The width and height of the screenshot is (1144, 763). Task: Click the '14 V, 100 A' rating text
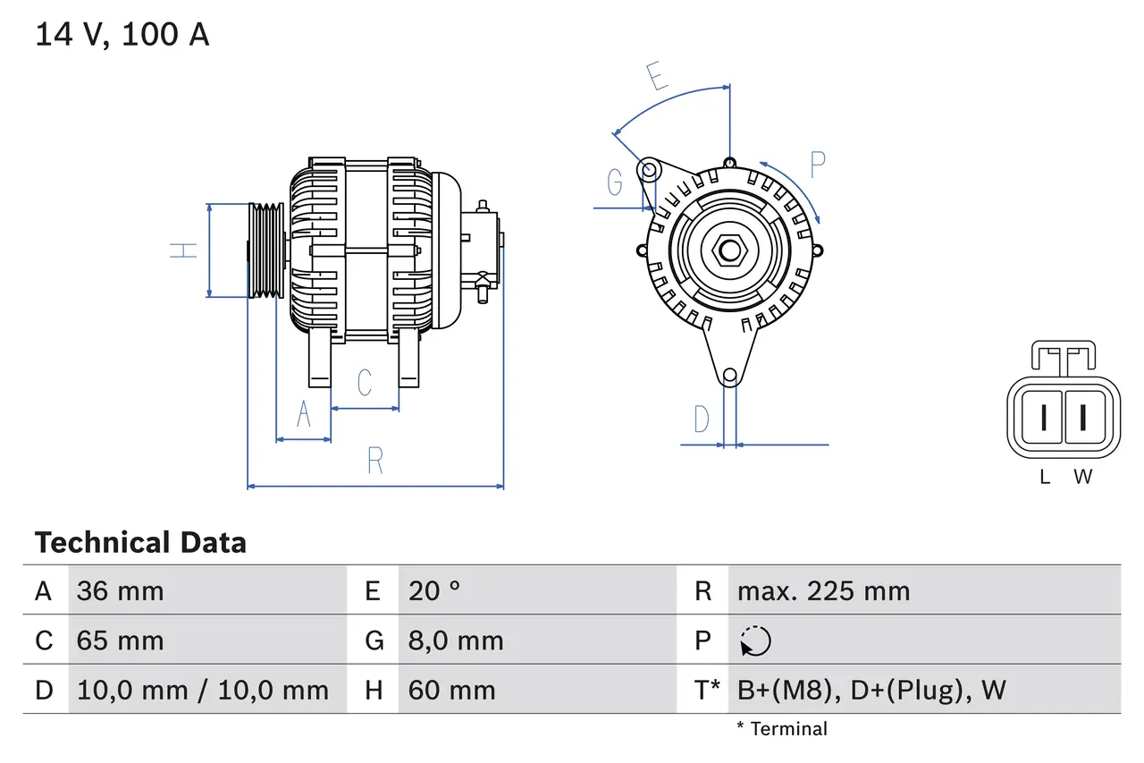[x=122, y=35]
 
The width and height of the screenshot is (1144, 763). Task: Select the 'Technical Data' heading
[x=140, y=543]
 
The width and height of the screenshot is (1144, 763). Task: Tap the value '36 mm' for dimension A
[x=121, y=591]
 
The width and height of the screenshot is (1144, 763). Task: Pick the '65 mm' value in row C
[x=121, y=640]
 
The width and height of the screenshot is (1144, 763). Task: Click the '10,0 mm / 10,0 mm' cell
[x=203, y=690]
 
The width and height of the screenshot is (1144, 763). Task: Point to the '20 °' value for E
[x=434, y=591]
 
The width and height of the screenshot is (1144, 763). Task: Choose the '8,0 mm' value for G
[x=456, y=640]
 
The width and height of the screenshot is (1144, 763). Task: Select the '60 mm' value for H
[x=451, y=690]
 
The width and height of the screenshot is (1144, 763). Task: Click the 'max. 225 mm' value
[x=823, y=591]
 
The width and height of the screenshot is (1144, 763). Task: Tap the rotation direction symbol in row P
[x=755, y=640]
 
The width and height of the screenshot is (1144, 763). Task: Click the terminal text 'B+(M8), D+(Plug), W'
[x=871, y=690]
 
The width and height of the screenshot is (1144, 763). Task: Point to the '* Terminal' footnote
[x=782, y=729]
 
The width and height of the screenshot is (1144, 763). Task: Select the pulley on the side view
[x=265, y=250]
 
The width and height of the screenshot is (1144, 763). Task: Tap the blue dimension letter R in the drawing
[x=375, y=461]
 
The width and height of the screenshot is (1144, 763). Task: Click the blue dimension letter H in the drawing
[x=184, y=250]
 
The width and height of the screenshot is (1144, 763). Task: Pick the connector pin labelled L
[x=1043, y=417]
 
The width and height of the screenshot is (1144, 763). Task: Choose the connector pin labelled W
[x=1082, y=417]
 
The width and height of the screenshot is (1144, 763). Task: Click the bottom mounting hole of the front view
[x=730, y=376]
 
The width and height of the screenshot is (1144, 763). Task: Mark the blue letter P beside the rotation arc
[x=817, y=165]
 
